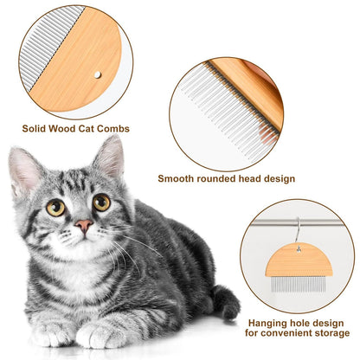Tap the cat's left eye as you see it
tap(55, 207)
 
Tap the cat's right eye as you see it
tap(101, 202)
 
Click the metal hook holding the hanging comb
tap(297, 235)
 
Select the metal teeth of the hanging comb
tap(297, 284)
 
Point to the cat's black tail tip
tap(228, 305)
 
